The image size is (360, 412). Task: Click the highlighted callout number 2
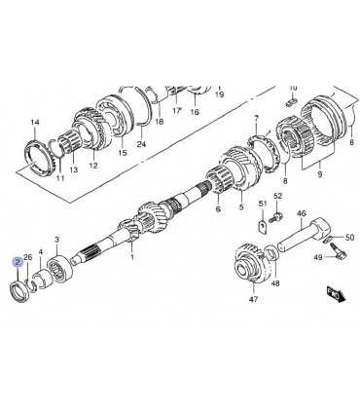click(18, 262)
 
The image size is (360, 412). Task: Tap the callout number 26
click(28, 257)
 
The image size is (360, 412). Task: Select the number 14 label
click(35, 123)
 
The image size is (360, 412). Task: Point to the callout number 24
click(141, 144)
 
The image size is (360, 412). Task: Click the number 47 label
click(253, 299)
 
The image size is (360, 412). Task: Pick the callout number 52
click(278, 196)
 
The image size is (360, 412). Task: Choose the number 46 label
click(302, 213)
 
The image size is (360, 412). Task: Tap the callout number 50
click(349, 238)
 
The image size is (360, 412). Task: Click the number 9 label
click(320, 174)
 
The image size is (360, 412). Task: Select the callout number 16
click(195, 112)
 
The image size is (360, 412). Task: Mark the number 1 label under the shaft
click(132, 257)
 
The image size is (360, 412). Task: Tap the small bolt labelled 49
click(339, 252)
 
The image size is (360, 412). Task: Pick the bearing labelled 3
click(59, 267)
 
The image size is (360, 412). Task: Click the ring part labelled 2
click(20, 292)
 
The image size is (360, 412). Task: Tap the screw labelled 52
click(275, 217)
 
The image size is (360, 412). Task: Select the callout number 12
click(93, 166)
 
